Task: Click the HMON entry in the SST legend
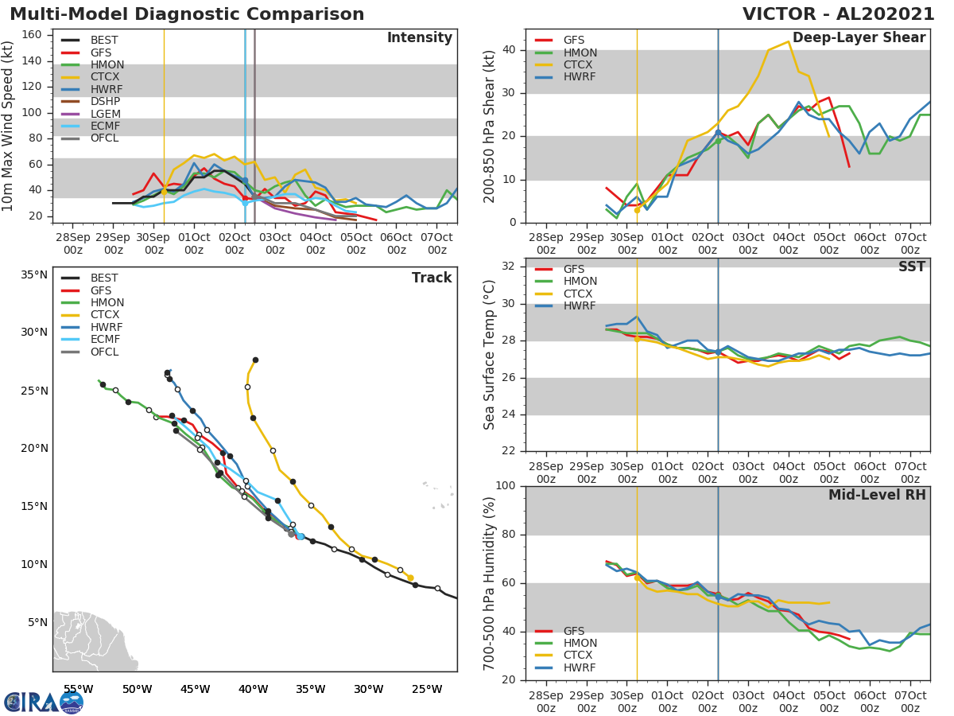click(580, 282)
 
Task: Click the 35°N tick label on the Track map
click(34, 275)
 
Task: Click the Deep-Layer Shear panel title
click(859, 38)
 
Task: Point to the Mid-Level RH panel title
click(877, 495)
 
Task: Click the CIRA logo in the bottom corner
click(42, 702)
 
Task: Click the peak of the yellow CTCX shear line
click(788, 41)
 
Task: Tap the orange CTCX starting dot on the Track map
click(410, 578)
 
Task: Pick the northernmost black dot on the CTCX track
click(255, 360)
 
